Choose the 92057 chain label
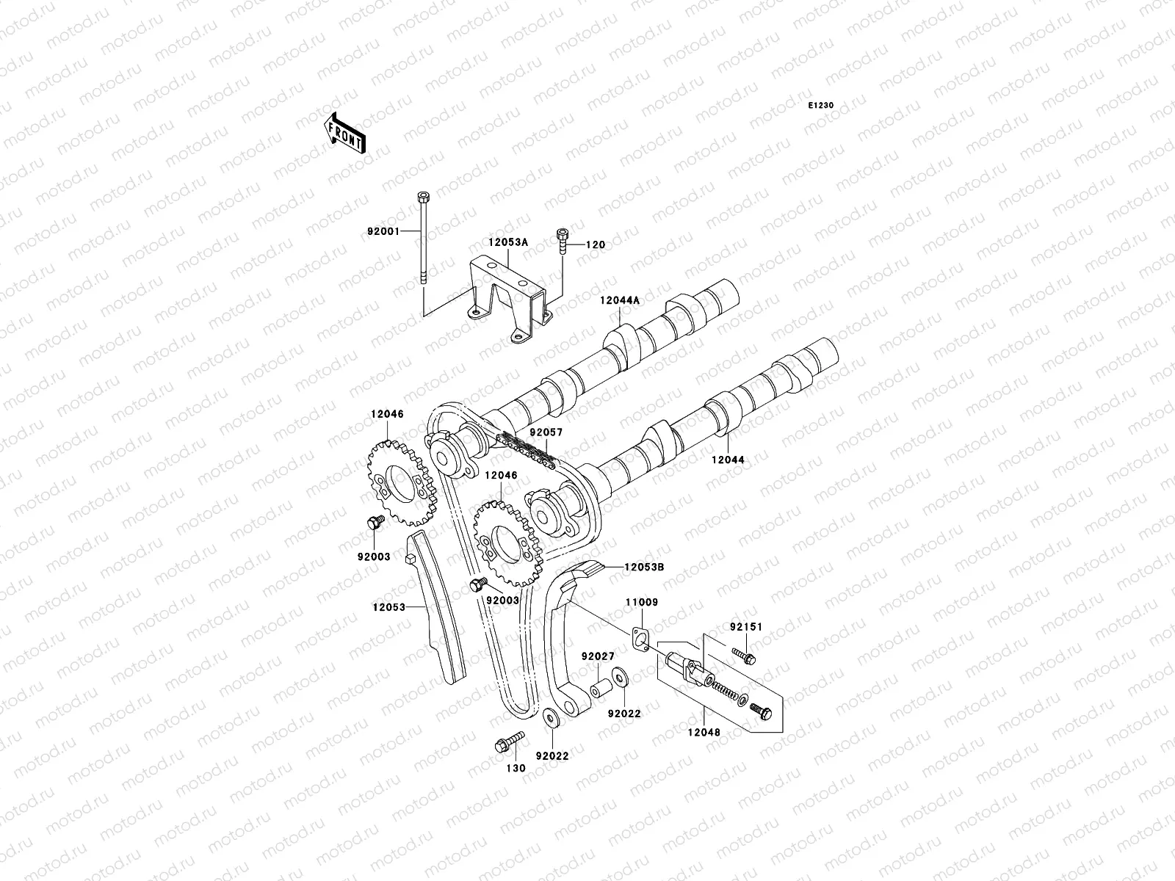point(545,432)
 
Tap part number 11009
point(642,602)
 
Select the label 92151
point(746,627)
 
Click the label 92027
point(599,656)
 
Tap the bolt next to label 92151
point(744,653)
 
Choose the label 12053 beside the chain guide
point(388,606)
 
